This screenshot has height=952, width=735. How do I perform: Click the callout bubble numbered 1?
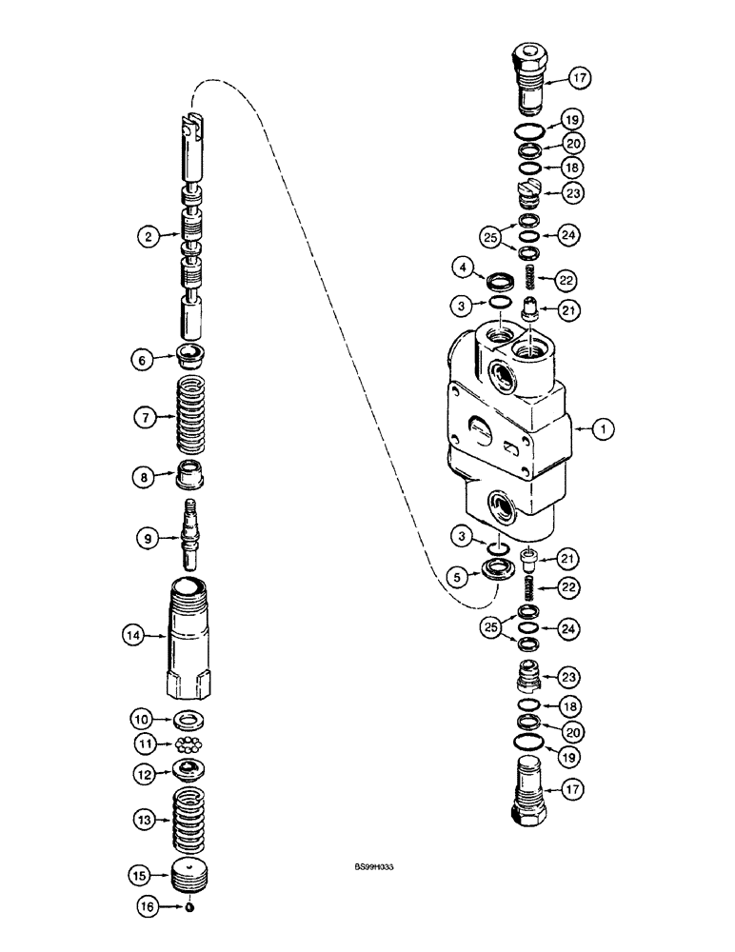(x=602, y=430)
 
